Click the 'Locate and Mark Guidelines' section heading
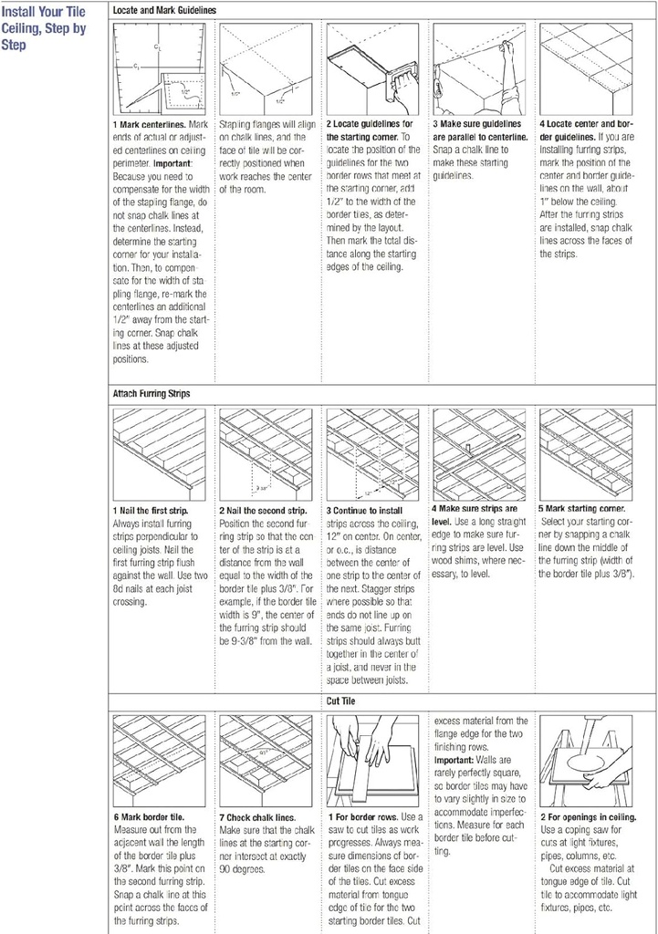point(164,9)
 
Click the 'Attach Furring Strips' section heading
point(151,393)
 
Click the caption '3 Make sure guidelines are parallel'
point(477,129)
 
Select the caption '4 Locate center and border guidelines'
point(585,129)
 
